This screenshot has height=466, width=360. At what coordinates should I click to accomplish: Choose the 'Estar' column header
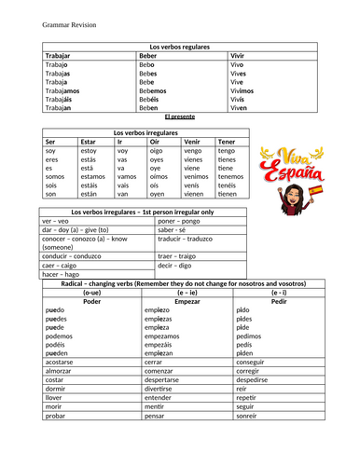[x=89, y=141]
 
